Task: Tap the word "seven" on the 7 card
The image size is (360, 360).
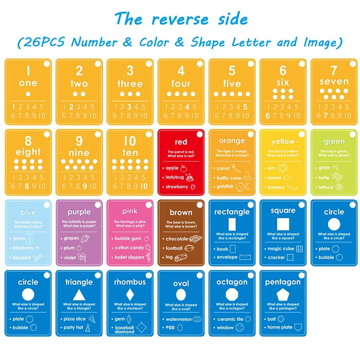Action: point(334,82)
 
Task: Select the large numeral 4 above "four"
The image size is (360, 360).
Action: point(181,71)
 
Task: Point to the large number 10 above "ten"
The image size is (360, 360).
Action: point(130,141)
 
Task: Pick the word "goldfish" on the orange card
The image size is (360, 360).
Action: point(225,187)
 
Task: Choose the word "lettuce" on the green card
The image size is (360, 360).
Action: point(326,187)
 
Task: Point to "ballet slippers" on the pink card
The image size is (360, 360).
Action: point(130,257)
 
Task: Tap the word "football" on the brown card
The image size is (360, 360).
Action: point(174,248)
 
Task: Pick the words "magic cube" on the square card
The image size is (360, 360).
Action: point(281,248)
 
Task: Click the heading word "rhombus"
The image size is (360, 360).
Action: point(130,282)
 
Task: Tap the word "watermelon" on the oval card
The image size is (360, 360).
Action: point(179,319)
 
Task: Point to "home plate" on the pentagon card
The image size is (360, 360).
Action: point(280,327)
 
